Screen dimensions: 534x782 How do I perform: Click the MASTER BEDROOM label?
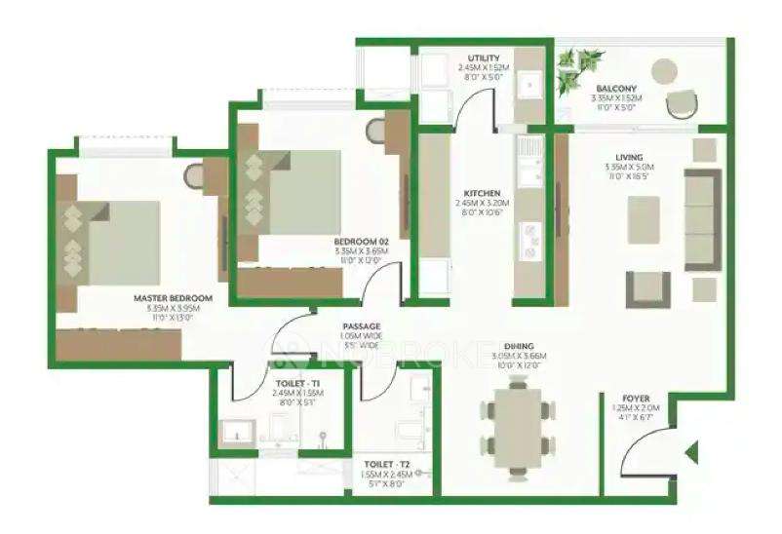[x=174, y=298]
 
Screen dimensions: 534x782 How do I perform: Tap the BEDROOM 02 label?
[x=361, y=241]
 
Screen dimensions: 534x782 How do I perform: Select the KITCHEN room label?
[x=482, y=193]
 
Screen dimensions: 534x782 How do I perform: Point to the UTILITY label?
[x=484, y=58]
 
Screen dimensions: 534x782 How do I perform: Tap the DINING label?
[x=518, y=346]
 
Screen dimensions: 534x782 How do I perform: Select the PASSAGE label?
[x=361, y=326]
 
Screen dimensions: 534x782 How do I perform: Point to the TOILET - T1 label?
[x=293, y=383]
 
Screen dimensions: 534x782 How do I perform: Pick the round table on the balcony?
[x=664, y=70]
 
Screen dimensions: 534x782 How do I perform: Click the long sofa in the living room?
[x=702, y=219]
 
